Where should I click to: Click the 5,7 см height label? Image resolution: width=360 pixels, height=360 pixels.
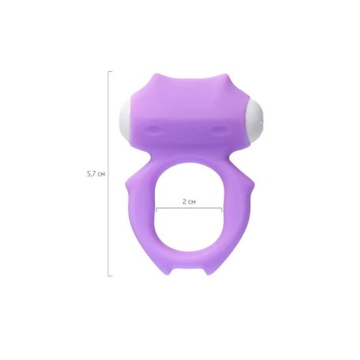96,174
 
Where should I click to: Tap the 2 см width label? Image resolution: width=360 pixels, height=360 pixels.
189,202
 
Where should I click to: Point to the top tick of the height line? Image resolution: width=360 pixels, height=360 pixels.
110,71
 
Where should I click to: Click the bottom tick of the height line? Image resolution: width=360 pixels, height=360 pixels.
110,276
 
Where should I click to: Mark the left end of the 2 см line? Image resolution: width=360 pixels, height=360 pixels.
157,210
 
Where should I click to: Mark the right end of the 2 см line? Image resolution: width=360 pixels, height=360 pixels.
222,210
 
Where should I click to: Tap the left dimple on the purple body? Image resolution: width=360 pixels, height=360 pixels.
151,128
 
